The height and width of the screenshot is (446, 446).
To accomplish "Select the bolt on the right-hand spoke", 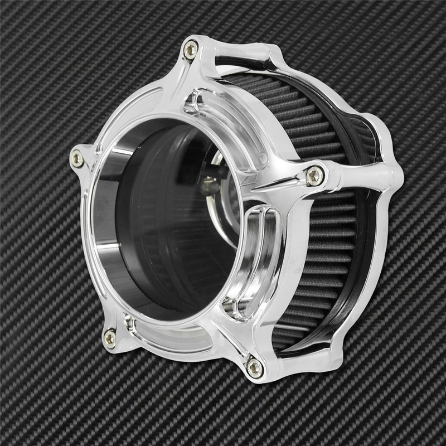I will point(315,176).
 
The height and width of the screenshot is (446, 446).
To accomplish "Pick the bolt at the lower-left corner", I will point(110,337).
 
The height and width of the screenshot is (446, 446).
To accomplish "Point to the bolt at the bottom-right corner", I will point(254,367).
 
